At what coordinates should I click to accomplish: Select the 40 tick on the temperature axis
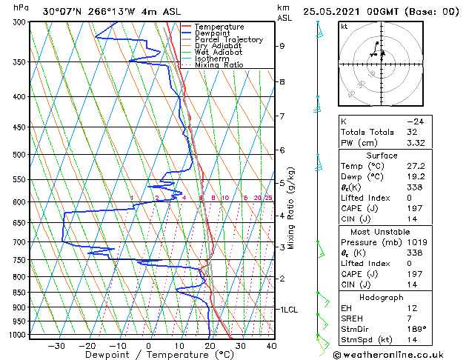click(x=271, y=345)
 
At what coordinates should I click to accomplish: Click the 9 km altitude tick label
click(x=282, y=46)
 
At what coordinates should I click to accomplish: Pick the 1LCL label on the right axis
click(x=287, y=309)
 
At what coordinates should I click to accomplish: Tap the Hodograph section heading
click(x=382, y=297)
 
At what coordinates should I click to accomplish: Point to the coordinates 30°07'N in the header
click(x=62, y=12)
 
